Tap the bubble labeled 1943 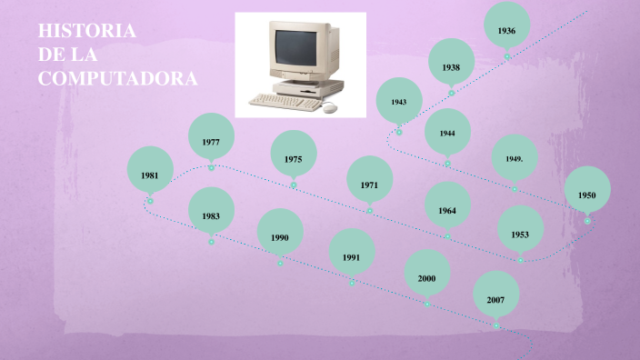(x=399, y=101)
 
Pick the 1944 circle (x=447, y=133)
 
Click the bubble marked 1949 (x=514, y=158)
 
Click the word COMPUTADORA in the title (x=117, y=79)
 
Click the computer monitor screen (x=297, y=47)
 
